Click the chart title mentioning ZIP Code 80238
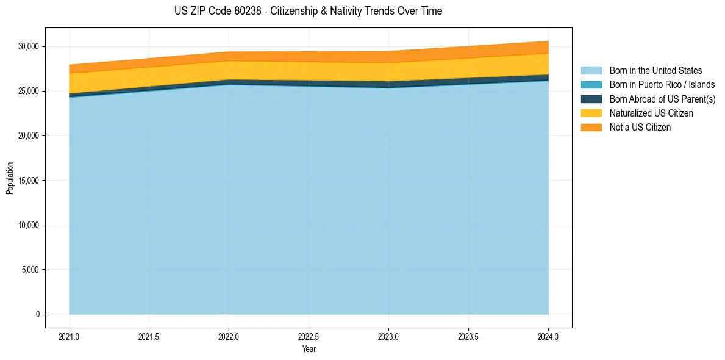308,11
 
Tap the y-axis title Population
10,178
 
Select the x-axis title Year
309,349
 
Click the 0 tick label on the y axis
37,314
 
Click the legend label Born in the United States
655,71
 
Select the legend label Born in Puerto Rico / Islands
662,85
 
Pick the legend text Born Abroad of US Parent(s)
662,99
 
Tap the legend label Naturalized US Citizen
651,113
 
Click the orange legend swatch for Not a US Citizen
591,128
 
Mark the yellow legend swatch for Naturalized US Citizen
591,113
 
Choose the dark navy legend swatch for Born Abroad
591,99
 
